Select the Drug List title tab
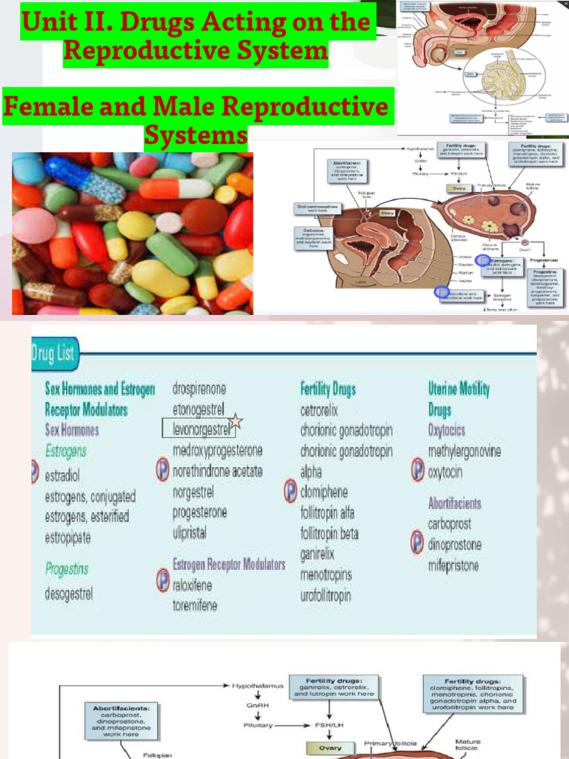point(53,353)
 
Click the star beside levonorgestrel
point(236,422)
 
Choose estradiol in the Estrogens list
point(61,475)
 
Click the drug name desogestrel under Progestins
point(69,594)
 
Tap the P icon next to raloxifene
point(163,580)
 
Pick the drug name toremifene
point(195,606)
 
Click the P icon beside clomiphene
point(290,491)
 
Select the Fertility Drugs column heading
point(328,388)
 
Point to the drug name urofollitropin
point(325,595)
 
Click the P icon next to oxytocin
point(418,469)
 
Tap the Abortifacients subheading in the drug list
point(454,503)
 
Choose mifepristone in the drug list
point(453,565)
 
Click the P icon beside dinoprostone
point(418,543)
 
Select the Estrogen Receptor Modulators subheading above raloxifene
point(229,564)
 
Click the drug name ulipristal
point(190,532)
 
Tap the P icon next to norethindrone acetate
point(163,470)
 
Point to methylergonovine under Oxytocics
point(465,451)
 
